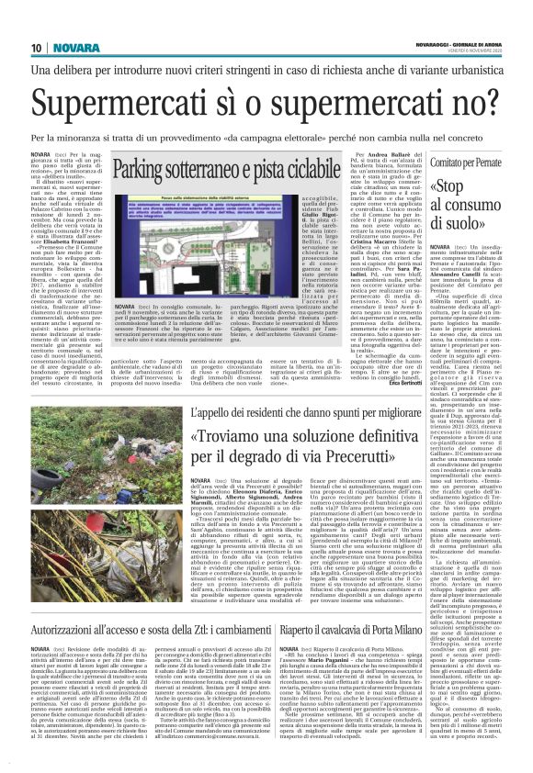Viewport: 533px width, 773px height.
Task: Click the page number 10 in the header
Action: pyautogui.click(x=37, y=47)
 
